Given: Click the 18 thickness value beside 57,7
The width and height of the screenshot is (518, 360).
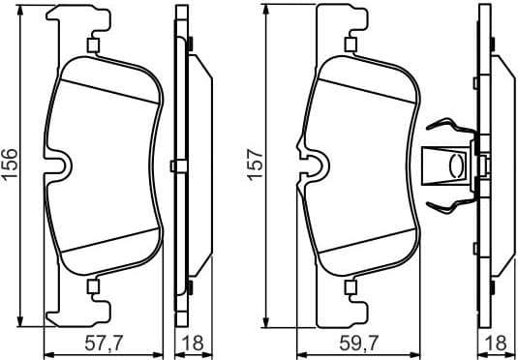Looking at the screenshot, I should [192, 342].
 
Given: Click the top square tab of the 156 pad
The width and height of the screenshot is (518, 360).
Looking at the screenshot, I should [93, 45].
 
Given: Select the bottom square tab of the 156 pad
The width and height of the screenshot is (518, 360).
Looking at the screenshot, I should [93, 285].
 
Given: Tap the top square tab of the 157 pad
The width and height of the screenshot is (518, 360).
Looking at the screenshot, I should [350, 45].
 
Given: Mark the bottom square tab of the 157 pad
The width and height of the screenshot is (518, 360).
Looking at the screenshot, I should [350, 285].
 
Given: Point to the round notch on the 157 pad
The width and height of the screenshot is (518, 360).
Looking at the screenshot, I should [312, 165].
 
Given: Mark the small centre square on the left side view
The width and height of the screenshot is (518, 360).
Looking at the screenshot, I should [172, 165].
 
